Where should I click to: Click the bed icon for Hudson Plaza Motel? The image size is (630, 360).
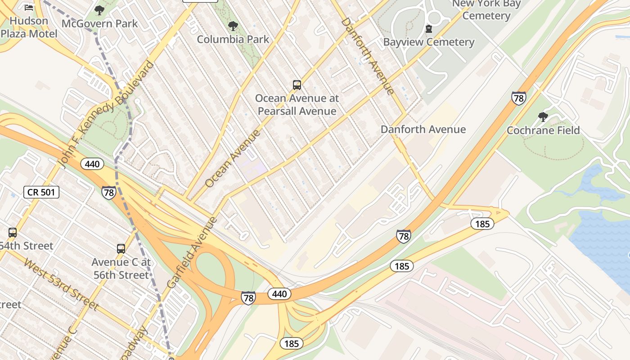pyautogui.click(x=29, y=8)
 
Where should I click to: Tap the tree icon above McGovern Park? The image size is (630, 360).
pyautogui.click(x=99, y=10)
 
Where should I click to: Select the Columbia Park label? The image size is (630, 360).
pyautogui.click(x=233, y=39)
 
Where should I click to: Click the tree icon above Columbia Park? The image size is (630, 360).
pyautogui.click(x=233, y=26)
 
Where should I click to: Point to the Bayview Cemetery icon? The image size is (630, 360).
pyautogui.click(x=429, y=29)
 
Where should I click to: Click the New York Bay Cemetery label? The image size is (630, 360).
pyautogui.click(x=486, y=9)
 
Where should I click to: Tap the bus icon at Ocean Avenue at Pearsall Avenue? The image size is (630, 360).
pyautogui.click(x=297, y=85)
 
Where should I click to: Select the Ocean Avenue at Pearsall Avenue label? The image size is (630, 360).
pyautogui.click(x=297, y=104)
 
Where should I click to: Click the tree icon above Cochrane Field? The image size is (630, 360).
pyautogui.click(x=543, y=117)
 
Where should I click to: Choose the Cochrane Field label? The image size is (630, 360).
pyautogui.click(x=543, y=130)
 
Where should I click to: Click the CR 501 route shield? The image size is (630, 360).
pyautogui.click(x=41, y=193)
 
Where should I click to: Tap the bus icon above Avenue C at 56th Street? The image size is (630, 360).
pyautogui.click(x=121, y=248)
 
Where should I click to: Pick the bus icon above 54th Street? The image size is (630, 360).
pyautogui.click(x=13, y=233)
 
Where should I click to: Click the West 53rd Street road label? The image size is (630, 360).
pyautogui.click(x=61, y=284)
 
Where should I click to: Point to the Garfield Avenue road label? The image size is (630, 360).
pyautogui.click(x=192, y=253)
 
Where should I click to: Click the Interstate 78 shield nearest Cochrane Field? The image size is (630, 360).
pyautogui.click(x=518, y=98)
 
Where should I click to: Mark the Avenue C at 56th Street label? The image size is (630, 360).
pyautogui.click(x=121, y=268)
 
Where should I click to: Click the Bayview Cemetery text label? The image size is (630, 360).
pyautogui.click(x=429, y=42)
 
